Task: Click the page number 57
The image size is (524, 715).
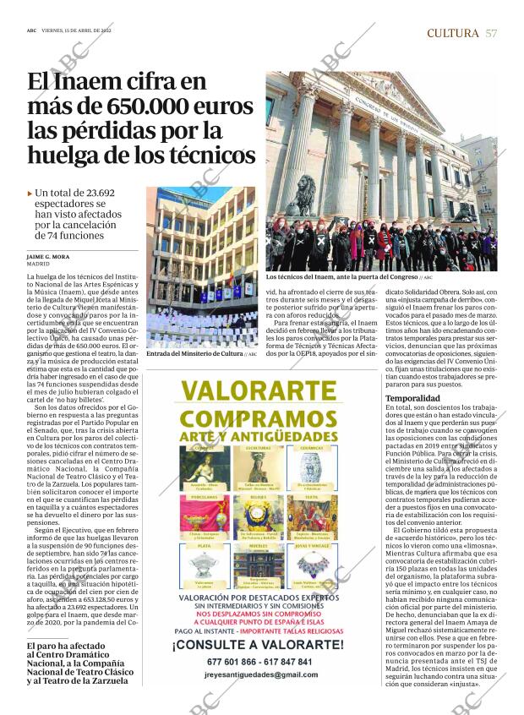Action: [x=491, y=33]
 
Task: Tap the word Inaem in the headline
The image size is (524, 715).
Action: [x=101, y=84]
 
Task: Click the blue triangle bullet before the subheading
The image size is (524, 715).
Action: [x=30, y=194]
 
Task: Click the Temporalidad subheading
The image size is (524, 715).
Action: [x=412, y=397]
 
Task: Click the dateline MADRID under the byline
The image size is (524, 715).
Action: [x=38, y=264]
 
